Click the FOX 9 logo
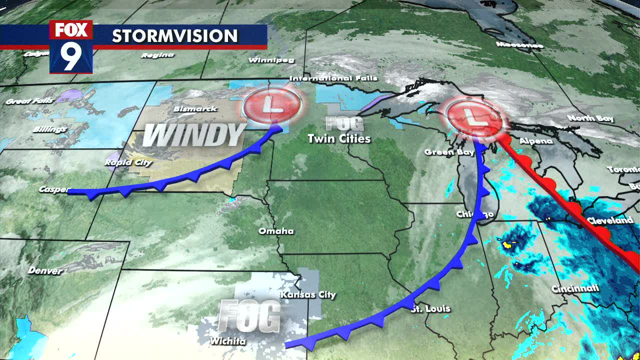click(71, 47)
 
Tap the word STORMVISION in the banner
click(174, 36)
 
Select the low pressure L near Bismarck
click(272, 105)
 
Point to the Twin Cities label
click(339, 138)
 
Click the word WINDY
click(194, 135)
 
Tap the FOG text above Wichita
click(249, 316)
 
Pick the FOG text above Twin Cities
click(344, 123)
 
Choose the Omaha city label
click(276, 231)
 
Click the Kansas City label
click(308, 294)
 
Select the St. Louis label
click(430, 308)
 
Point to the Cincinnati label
click(575, 288)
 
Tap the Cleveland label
click(609, 220)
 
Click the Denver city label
click(45, 270)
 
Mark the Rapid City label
click(122, 162)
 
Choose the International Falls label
click(333, 78)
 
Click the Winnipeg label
click(271, 60)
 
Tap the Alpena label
click(536, 141)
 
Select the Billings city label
click(50, 129)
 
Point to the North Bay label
click(590, 118)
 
